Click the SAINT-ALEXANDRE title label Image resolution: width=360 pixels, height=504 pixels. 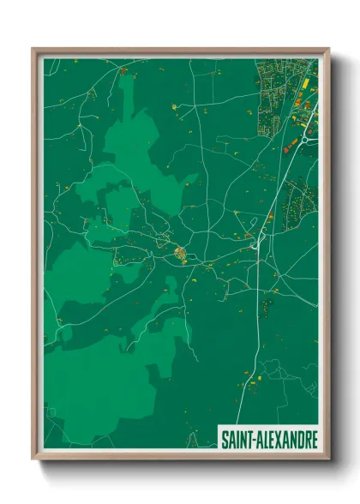269,440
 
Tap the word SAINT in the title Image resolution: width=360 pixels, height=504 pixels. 236,440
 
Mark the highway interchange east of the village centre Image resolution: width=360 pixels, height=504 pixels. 256,243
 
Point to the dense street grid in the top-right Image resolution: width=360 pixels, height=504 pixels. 279,94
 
